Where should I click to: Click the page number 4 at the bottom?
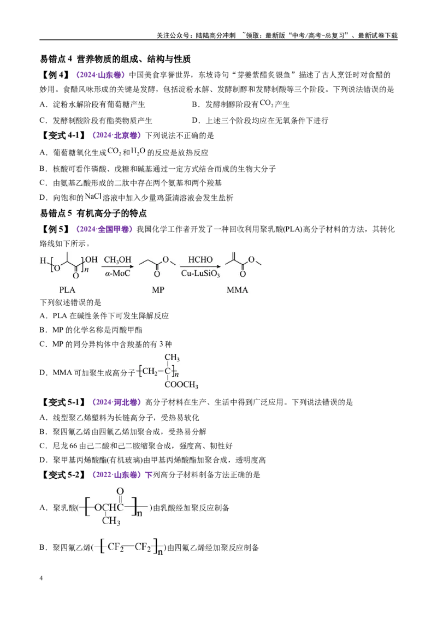(x=41, y=578)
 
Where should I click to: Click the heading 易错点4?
(x=56, y=59)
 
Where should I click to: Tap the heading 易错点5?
(x=56, y=213)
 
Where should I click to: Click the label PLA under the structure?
(x=67, y=290)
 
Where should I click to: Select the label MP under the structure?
(x=158, y=290)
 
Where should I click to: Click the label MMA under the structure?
(x=238, y=290)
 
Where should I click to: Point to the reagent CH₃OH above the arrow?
(x=117, y=260)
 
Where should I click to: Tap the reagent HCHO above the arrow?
(x=200, y=260)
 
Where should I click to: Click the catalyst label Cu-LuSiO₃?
(x=200, y=274)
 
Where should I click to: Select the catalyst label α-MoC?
(x=117, y=273)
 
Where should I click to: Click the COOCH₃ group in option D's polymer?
(x=181, y=385)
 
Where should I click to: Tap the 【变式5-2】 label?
(x=64, y=475)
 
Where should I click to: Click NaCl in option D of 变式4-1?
(x=93, y=197)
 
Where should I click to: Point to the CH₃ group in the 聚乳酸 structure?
(x=111, y=521)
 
